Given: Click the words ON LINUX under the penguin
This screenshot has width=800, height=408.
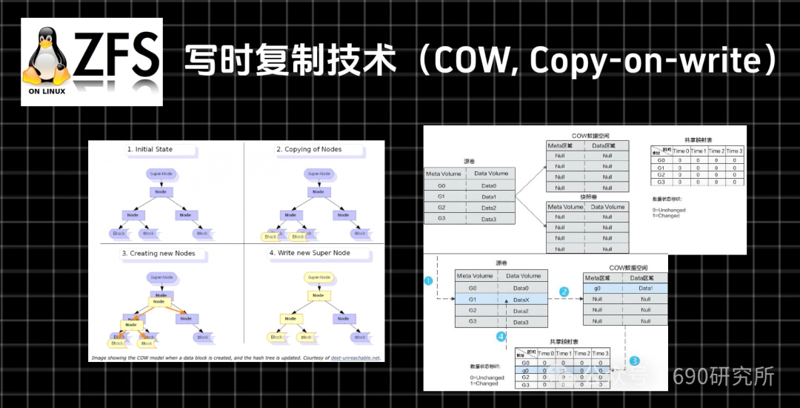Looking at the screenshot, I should tap(47, 92).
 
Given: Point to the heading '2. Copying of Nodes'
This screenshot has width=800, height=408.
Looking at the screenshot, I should tap(309, 150).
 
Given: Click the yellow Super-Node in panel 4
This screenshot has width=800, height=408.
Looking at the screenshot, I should tap(319, 277).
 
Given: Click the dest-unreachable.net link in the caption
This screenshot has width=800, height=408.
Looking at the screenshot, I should tap(355, 357).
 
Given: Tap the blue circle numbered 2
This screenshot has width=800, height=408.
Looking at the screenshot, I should tap(564, 292).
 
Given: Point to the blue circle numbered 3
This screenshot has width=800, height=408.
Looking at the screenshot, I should tap(634, 361).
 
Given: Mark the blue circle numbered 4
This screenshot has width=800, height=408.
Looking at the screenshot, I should tap(501, 336).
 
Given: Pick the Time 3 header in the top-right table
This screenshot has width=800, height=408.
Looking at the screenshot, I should tap(734, 151).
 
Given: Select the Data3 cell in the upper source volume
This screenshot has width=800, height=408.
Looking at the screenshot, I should tap(489, 220).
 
